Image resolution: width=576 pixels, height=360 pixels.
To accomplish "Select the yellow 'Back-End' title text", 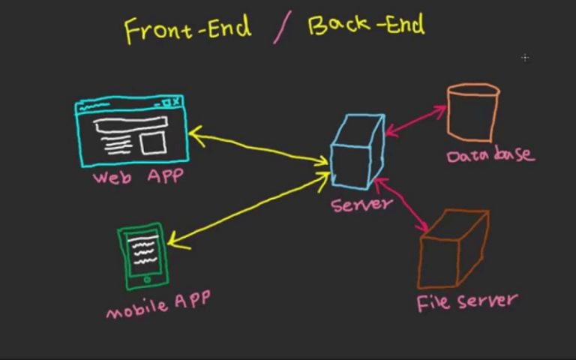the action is coord(366,24).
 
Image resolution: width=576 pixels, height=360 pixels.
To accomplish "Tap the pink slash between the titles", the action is coord(282,27).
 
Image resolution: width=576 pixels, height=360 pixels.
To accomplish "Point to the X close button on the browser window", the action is coord(176,101).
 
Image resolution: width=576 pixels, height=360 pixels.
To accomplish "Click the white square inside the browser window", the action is coord(152,143).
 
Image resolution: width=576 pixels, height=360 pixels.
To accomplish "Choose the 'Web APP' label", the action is coord(138,177).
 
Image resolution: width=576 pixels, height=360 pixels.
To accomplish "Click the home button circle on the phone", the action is coord(147,280).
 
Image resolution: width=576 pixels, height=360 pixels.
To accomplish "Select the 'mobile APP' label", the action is coord(158,304).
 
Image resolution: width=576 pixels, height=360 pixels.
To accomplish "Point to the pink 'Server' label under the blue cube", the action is coord(361,205).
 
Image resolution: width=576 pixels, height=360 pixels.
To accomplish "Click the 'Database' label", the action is coord(490,154).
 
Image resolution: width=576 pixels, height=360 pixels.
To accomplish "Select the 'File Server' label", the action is coord(467,302).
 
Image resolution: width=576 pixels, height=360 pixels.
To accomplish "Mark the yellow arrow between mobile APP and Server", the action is coord(248,211).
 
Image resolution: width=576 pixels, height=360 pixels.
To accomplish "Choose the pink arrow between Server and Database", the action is coord(415,120).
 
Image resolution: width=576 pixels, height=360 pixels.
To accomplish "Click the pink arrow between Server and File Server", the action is coord(401,204).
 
